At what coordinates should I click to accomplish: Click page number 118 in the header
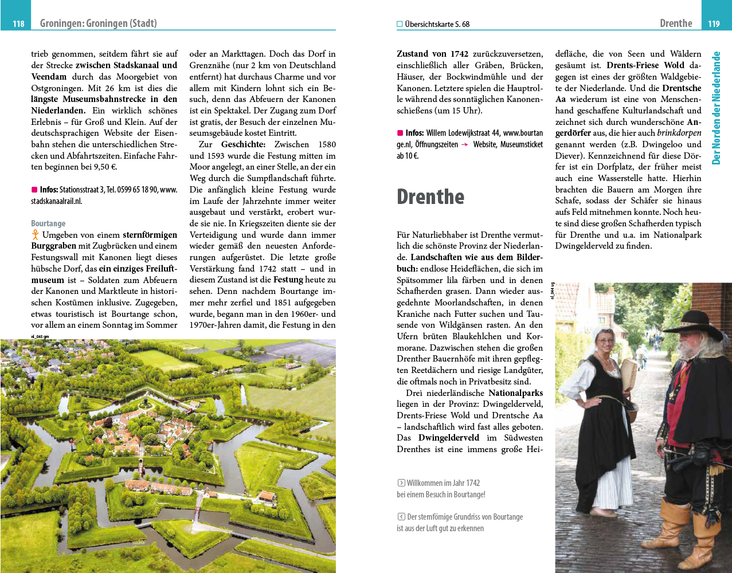click(x=18, y=23)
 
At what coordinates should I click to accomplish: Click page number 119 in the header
click(x=714, y=23)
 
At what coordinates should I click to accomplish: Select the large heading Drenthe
click(x=430, y=197)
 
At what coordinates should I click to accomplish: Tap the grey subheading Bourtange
click(x=48, y=223)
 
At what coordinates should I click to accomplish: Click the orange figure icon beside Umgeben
click(x=36, y=234)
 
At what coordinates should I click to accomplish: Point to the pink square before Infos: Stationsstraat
click(x=34, y=189)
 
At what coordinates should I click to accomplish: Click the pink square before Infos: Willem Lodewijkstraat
click(x=400, y=133)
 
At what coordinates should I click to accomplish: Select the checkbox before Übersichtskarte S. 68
click(x=400, y=24)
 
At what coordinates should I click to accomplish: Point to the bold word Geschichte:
click(x=243, y=144)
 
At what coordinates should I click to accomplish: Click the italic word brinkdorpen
click(x=679, y=133)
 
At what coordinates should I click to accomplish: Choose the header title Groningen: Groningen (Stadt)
click(x=98, y=23)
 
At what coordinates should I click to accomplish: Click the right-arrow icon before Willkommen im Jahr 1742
click(x=401, y=483)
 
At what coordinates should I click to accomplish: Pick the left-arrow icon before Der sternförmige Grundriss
click(x=401, y=517)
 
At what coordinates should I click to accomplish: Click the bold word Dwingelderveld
click(x=448, y=438)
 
